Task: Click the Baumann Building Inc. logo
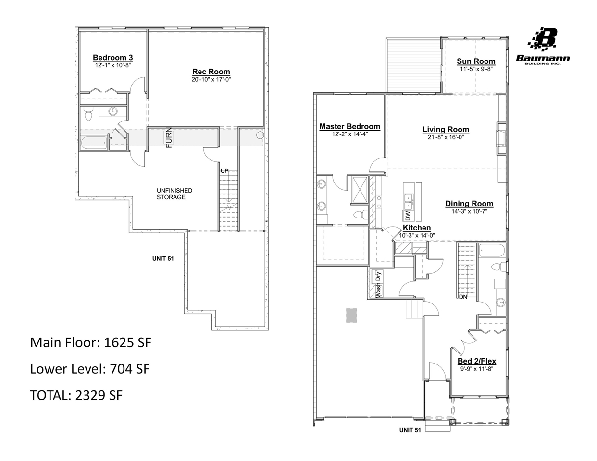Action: coord(543,46)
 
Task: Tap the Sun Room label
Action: coord(475,61)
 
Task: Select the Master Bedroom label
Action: coord(349,126)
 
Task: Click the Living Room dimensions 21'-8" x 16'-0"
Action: coord(446,137)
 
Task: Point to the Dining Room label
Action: coord(469,204)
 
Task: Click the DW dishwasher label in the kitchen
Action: coord(408,216)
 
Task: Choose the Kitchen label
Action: coord(416,228)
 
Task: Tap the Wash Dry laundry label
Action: coord(378,283)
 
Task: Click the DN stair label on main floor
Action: coord(463,297)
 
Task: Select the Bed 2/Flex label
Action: coord(476,361)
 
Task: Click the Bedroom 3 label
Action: coord(112,58)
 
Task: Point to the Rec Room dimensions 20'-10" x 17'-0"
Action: coord(211,79)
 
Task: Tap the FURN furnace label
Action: coord(169,138)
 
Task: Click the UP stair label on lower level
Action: coord(224,170)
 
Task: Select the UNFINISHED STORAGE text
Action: coord(174,194)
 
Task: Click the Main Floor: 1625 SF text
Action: coord(90,342)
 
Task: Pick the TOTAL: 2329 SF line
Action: coord(76,395)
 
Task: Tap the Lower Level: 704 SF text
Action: coord(89,369)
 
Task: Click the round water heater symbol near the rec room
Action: coord(260,135)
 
